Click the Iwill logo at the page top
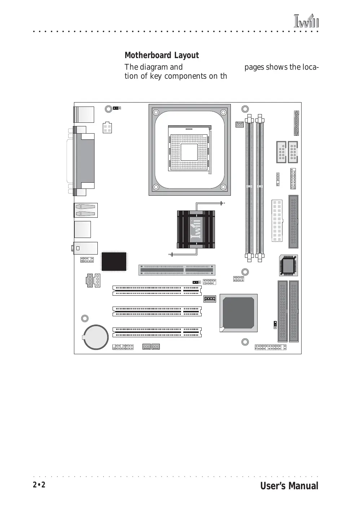click(x=306, y=21)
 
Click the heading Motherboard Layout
click(x=162, y=55)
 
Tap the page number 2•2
click(x=39, y=485)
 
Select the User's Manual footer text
click(x=289, y=486)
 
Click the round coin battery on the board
click(x=96, y=337)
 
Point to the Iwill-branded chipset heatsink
click(x=196, y=229)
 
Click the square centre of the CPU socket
click(x=189, y=152)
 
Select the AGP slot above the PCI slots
click(x=177, y=270)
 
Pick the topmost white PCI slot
click(x=157, y=291)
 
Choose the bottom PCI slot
click(x=157, y=332)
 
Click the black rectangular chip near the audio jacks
click(x=114, y=261)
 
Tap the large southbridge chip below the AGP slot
click(x=238, y=313)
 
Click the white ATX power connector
click(x=277, y=221)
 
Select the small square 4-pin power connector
click(x=107, y=128)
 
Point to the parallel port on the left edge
click(x=84, y=161)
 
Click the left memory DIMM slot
click(x=249, y=188)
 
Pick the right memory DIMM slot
click(x=260, y=188)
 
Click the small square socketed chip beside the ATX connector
click(x=289, y=265)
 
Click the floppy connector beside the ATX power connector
click(x=294, y=222)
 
